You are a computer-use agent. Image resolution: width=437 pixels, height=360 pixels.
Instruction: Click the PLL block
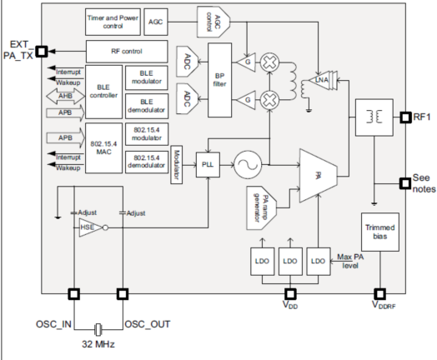pyautogui.click(x=208, y=164)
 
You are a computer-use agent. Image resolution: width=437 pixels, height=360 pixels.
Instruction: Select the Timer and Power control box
pyautogui.click(x=113, y=22)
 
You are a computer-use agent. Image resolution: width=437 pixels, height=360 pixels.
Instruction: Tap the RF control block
pyautogui.click(x=127, y=52)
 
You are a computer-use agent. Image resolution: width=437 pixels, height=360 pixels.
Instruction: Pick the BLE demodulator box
pyautogui.click(x=147, y=106)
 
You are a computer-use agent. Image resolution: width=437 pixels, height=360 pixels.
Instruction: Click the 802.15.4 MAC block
pyautogui.click(x=103, y=148)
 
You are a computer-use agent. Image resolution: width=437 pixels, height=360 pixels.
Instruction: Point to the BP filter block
pyautogui.click(x=220, y=80)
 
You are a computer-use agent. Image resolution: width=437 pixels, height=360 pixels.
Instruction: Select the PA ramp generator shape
pyautogui.click(x=261, y=208)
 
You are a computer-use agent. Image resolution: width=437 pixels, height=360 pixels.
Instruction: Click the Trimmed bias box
pyautogui.click(x=379, y=232)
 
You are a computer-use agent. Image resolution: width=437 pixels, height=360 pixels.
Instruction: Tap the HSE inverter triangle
pyautogui.click(x=91, y=227)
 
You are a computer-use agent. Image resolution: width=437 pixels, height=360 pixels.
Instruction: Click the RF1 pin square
pyautogui.click(x=405, y=117)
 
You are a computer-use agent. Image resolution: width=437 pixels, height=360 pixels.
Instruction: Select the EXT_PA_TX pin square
pyautogui.click(x=42, y=52)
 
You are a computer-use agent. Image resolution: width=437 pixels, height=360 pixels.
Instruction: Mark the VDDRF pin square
pyautogui.click(x=379, y=294)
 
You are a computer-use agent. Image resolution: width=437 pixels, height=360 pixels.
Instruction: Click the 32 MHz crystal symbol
pyautogui.click(x=98, y=330)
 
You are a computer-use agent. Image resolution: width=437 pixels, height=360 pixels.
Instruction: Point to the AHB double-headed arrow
pyautogui.click(x=66, y=97)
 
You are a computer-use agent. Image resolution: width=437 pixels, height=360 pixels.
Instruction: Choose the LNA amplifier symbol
pyautogui.click(x=323, y=80)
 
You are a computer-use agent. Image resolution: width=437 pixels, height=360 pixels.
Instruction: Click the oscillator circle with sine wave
pyautogui.click(x=248, y=165)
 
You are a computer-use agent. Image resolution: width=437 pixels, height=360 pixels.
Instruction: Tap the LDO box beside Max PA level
pyautogui.click(x=319, y=262)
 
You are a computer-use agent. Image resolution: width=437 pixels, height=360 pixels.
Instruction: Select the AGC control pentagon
pyautogui.click(x=213, y=22)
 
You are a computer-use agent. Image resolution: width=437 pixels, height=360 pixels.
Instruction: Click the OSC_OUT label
pyautogui.click(x=148, y=324)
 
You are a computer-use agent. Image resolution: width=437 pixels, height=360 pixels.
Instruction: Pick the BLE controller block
pyautogui.click(x=103, y=92)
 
